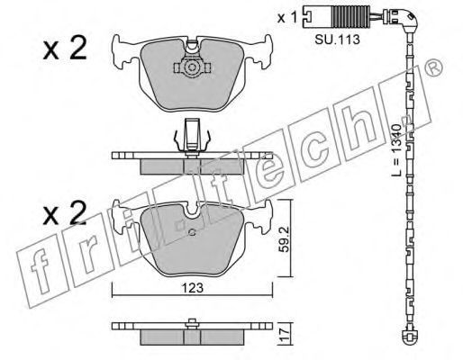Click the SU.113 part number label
(337, 39)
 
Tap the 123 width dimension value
(193, 288)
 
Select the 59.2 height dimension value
(284, 239)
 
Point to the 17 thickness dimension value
(285, 334)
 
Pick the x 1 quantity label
(287, 18)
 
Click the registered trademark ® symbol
(433, 67)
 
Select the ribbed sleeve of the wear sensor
(350, 17)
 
